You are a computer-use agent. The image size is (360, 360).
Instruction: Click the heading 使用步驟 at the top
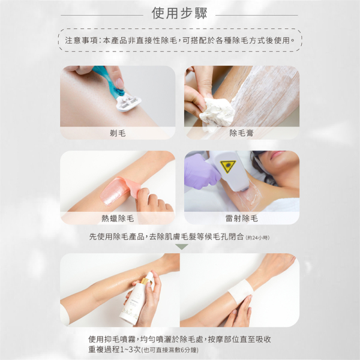pos(179,13)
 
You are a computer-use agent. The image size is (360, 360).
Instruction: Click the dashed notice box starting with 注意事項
pos(180,41)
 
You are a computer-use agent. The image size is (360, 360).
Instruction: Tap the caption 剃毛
pos(118,133)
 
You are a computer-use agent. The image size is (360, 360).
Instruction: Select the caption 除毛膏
pos(242,133)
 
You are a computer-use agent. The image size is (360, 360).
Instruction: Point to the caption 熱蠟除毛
pos(118,218)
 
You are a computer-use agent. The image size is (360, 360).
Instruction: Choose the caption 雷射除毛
pos(242,218)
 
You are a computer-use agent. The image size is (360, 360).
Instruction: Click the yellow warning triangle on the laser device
pos(228,166)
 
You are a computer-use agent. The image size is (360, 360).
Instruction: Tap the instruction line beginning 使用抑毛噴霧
pos(180,339)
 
